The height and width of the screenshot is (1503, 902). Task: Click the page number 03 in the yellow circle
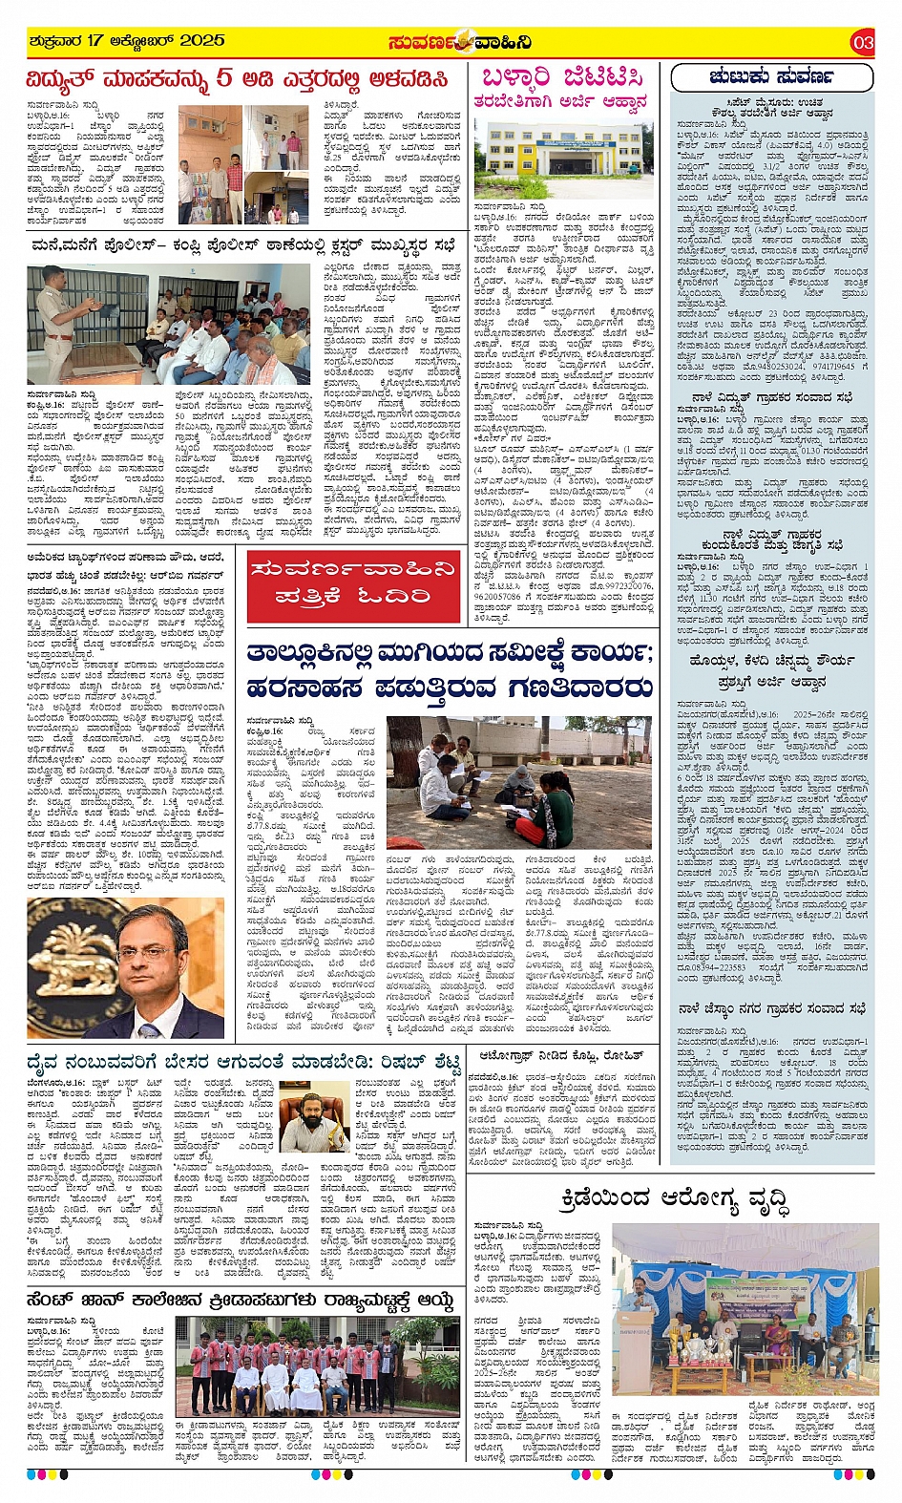coord(862,42)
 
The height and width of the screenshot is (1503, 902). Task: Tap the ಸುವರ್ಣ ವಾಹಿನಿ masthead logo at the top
coord(459,42)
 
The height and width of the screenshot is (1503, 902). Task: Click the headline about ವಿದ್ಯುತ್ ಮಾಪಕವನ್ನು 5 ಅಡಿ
coord(237,78)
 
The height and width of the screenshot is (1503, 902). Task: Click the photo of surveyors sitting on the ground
coord(520,784)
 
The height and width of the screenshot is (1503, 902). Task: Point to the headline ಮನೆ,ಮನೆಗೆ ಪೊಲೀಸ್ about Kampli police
coord(242,246)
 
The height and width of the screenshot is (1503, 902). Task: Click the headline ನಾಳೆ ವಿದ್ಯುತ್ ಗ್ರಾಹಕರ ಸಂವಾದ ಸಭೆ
coord(772,397)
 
